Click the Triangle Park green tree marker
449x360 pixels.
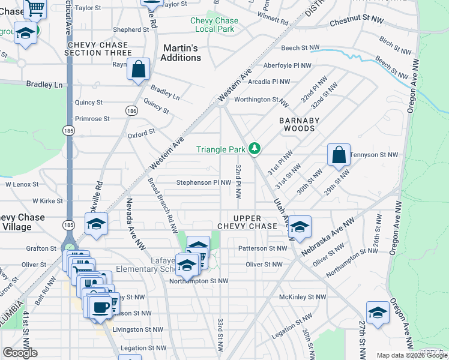(x=255, y=148)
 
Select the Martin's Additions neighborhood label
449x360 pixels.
(x=181, y=53)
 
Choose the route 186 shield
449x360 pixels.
(x=130, y=110)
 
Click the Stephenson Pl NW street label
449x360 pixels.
(x=203, y=182)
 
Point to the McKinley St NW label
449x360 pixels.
(x=303, y=297)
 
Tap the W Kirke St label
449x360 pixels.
(x=47, y=201)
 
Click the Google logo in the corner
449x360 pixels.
(x=20, y=353)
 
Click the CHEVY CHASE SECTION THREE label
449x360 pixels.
(x=98, y=49)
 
